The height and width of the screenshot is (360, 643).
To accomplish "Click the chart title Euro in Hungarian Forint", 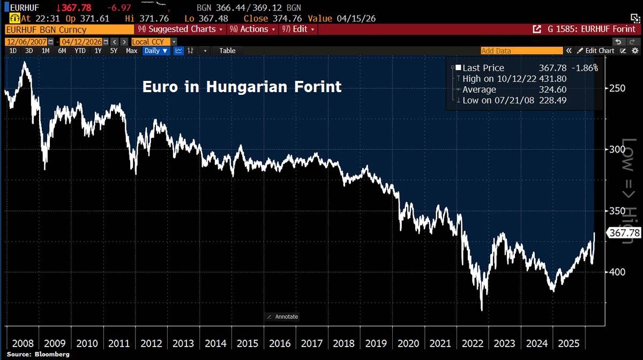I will coord(242,87).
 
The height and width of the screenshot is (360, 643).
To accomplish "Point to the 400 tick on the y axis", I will coord(617,272).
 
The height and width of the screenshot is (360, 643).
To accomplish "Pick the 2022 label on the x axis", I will coord(472,343).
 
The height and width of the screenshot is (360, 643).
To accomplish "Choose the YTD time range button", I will coord(80,51).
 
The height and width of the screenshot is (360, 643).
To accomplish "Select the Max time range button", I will coord(131,51).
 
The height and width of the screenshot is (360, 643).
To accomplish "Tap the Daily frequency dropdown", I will coord(156,51).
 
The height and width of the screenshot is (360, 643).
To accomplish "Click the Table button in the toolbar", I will coord(227,51).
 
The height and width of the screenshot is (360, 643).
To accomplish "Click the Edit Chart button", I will coord(596,51).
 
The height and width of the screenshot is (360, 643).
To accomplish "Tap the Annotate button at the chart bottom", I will coord(282,317).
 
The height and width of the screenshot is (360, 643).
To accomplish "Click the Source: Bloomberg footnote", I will coord(31,355).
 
